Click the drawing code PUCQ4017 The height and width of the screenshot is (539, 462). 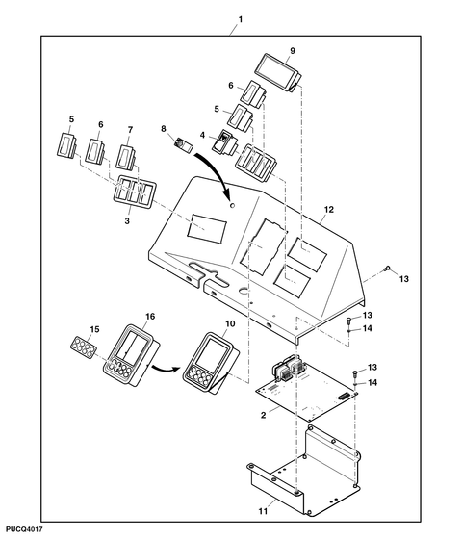[x=24, y=529]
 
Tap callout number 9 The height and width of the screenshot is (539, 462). [x=293, y=51]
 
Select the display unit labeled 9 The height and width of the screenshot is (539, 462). [x=279, y=72]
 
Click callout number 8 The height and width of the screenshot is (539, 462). [x=164, y=129]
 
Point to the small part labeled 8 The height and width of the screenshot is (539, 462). [x=184, y=144]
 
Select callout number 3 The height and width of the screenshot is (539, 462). [x=127, y=221]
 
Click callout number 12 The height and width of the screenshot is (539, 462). [x=329, y=210]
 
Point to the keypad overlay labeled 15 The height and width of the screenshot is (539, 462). [x=83, y=347]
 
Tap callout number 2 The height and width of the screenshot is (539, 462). [x=264, y=415]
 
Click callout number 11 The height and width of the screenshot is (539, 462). [x=263, y=512]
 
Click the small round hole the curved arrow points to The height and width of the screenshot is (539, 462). [x=232, y=205]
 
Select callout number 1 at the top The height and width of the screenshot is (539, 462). [x=241, y=19]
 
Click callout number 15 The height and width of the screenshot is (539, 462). [x=94, y=329]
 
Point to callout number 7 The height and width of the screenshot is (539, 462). [x=130, y=130]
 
